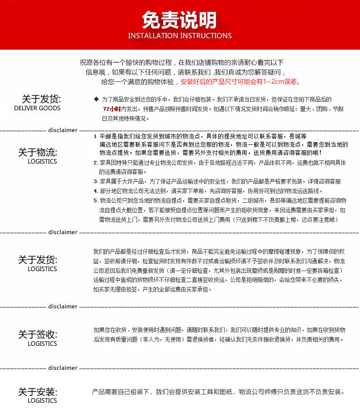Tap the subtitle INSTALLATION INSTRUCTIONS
pos(180,36)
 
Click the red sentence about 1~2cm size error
pos(240,82)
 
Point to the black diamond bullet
pos(96,99)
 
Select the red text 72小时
pos(112,109)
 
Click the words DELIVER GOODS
pos(37,108)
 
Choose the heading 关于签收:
pos(37,334)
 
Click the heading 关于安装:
pos(37,392)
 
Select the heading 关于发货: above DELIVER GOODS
pos(41,99)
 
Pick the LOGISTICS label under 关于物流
pos(42,161)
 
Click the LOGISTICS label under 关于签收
pos(42,343)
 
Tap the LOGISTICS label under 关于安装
pos(42,401)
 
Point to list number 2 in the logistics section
pos(95,163)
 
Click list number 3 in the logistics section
pos(95,181)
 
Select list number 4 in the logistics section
pos(95,191)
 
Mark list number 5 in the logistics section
pos(95,200)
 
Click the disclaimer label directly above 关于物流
pos(62,130)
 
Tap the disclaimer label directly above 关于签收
pos(62,307)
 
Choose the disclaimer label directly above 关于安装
pos(62,368)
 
